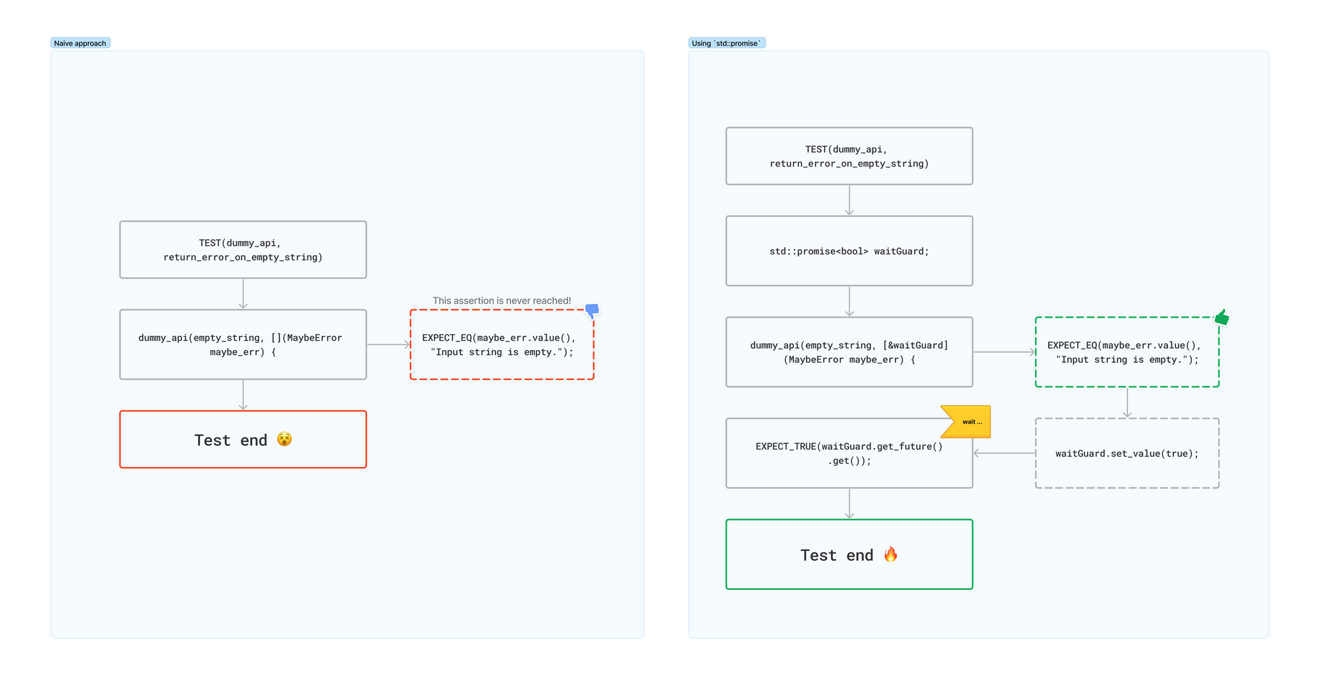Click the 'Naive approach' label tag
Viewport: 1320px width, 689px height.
pos(80,43)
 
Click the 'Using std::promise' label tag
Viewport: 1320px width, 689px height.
pos(726,43)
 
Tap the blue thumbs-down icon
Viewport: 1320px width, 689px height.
pos(592,310)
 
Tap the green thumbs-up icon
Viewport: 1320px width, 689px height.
pos(1222,318)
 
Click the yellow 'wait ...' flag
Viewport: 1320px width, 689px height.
pos(968,421)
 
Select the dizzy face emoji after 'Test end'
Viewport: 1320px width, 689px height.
pos(284,439)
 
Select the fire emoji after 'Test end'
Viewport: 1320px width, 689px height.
pos(890,554)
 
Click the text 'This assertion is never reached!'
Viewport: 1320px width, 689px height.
pos(502,301)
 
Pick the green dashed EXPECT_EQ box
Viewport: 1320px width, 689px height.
pos(1127,352)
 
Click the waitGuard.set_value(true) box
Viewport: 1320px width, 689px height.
pos(1127,453)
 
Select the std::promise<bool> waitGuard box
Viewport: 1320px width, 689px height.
pos(849,251)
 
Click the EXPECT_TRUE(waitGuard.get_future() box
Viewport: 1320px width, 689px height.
pos(849,453)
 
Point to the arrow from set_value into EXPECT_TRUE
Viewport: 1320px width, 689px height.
pos(1004,453)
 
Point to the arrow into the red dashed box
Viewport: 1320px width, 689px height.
pos(388,344)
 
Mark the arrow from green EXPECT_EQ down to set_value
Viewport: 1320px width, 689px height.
pos(1127,402)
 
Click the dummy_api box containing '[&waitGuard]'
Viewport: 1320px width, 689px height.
pos(849,352)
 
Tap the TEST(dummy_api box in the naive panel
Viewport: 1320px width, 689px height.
pos(243,250)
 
